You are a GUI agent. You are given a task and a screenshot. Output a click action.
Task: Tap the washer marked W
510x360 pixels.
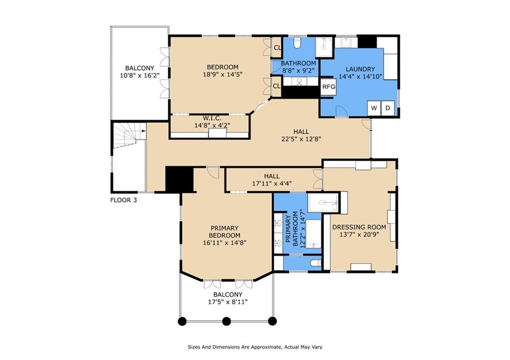(x=374, y=108)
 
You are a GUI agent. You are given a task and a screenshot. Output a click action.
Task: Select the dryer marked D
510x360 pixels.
(x=387, y=108)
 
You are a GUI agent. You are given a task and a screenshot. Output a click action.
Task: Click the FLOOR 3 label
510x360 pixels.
(x=124, y=200)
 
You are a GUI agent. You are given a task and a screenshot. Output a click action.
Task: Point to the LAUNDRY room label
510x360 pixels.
(x=360, y=69)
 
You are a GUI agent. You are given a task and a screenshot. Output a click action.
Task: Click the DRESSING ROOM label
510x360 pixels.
(x=359, y=227)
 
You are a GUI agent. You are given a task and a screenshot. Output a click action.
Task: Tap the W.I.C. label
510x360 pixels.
(x=212, y=118)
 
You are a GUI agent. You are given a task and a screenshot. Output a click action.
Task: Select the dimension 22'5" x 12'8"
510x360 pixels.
(x=301, y=139)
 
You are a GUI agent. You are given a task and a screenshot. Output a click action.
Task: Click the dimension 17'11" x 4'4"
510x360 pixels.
(x=272, y=183)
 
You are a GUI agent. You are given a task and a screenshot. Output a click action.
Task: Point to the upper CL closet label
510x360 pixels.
(x=277, y=47)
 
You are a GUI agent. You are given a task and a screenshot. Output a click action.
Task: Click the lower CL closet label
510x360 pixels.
(x=277, y=86)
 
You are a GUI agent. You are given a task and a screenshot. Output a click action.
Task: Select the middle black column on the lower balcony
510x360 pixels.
(x=227, y=321)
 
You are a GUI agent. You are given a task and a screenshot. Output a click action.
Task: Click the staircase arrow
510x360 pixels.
(x=144, y=131)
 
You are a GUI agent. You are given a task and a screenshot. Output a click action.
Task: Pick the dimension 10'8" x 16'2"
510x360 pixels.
(x=140, y=76)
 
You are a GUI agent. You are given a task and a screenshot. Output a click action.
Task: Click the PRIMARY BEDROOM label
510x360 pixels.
(x=225, y=232)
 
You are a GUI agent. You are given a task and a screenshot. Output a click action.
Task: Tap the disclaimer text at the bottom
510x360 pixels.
(x=255, y=347)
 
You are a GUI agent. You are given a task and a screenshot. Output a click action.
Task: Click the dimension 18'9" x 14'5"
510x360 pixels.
(x=223, y=75)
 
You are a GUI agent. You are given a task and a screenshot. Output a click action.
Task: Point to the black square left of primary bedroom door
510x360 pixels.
(x=179, y=180)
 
